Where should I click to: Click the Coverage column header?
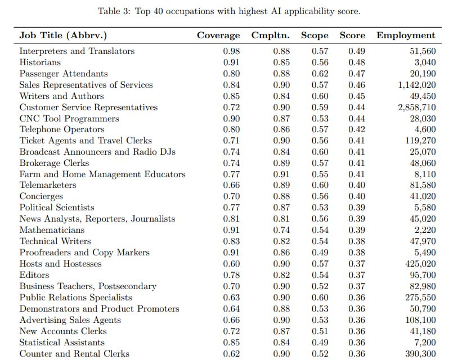tap(218, 35)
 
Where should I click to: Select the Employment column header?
tap(406, 35)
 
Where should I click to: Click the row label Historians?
tap(40, 62)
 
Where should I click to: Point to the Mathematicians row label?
tap(52, 230)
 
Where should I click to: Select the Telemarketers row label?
tap(48, 185)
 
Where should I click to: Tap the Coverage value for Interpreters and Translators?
tap(231, 51)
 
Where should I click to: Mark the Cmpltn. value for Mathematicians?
tap(281, 230)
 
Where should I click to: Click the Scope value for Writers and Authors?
tap(320, 96)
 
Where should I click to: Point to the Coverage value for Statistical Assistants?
tap(231, 342)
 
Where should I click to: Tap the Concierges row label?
tap(41, 196)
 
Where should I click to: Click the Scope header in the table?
tap(315, 35)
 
